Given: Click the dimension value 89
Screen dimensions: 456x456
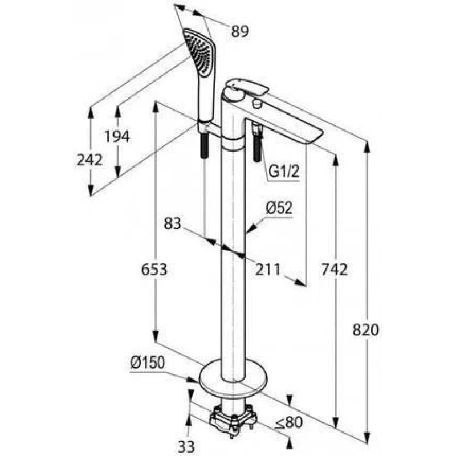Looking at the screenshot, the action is tap(240, 31).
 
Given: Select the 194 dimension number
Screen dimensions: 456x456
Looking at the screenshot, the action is tap(117, 136).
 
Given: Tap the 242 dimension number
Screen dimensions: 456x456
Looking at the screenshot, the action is tap(89, 160).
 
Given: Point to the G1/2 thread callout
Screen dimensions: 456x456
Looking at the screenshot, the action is tap(284, 172).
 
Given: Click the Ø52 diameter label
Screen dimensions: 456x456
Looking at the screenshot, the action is tap(279, 208).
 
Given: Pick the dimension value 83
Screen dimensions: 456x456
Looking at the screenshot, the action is tap(173, 223).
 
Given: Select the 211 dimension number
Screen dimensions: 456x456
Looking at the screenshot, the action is tap(267, 270).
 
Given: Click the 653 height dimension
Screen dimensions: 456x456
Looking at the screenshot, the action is tap(154, 270).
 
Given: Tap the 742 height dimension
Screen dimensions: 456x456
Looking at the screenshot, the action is tap(335, 270).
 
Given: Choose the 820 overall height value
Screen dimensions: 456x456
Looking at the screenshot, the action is tap(365, 330).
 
